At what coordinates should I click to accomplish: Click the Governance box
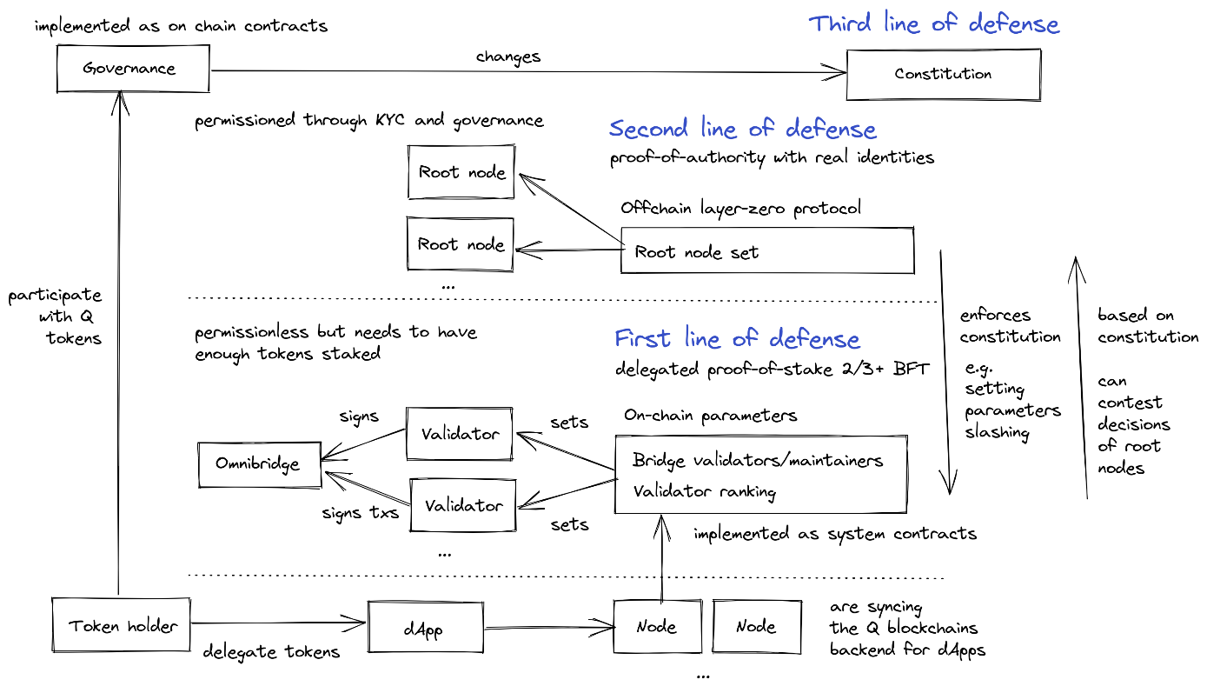point(132,69)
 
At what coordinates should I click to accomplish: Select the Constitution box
point(943,74)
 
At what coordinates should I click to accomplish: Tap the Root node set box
point(766,251)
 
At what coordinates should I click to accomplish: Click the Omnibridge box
point(258,463)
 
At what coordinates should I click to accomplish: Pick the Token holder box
point(122,625)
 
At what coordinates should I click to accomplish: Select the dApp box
point(425,627)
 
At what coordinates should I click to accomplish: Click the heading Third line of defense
point(934,23)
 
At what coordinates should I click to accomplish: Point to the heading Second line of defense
point(743,130)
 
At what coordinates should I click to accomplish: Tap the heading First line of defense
point(737,338)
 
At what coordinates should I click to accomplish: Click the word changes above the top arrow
point(508,57)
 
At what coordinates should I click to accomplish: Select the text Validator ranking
point(704,491)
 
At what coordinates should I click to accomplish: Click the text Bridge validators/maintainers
point(758,460)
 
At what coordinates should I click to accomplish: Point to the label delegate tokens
point(271,652)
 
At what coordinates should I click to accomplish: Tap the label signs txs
point(360,512)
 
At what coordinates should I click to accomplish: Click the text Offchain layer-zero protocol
point(740,209)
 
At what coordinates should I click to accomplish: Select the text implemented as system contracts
point(834,533)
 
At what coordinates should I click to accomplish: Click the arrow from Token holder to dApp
point(278,623)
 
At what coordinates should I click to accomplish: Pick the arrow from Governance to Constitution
point(521,72)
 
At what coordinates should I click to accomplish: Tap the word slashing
point(997,432)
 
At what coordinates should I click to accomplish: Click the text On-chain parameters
point(710,416)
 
